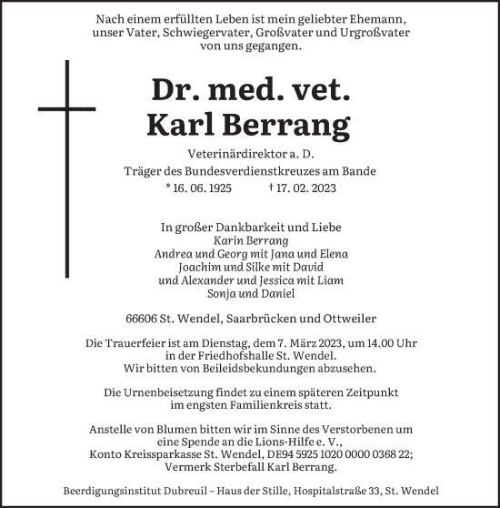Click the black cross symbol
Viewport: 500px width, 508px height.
[x=66, y=137]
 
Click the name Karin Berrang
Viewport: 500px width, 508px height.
[x=250, y=241]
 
